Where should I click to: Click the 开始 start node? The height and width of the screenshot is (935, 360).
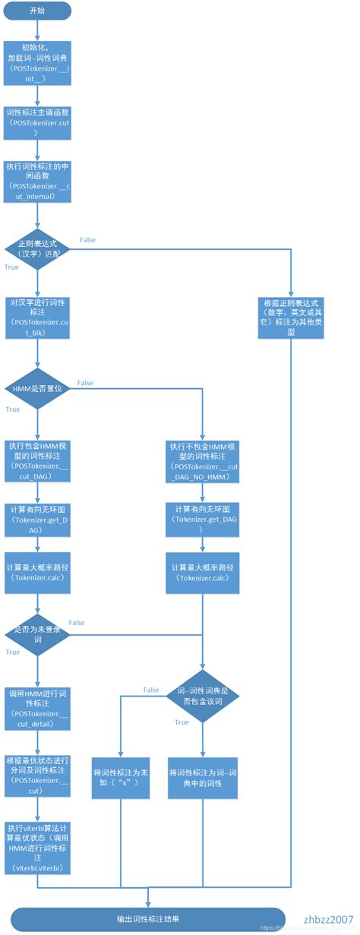click(x=37, y=11)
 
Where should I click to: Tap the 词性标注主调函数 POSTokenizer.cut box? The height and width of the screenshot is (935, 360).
click(x=37, y=122)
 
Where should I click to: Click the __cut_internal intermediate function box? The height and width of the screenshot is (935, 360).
click(x=37, y=181)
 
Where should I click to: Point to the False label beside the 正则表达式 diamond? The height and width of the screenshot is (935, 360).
click(x=88, y=240)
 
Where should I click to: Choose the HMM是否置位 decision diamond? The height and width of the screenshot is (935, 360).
click(x=37, y=390)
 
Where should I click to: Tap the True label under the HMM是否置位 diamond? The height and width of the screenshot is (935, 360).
click(x=13, y=409)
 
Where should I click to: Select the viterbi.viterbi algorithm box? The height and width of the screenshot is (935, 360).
click(x=37, y=858)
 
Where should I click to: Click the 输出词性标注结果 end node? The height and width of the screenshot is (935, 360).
click(x=148, y=918)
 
